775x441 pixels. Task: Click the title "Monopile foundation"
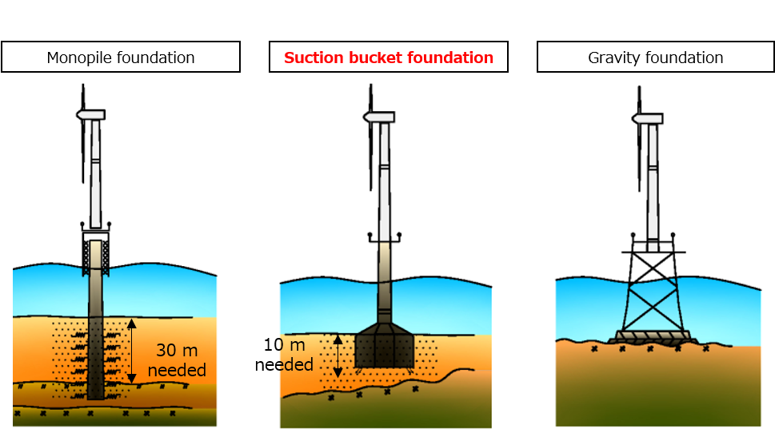[x=121, y=58]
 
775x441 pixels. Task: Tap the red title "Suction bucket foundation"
[x=389, y=58]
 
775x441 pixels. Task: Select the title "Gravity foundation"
[x=655, y=58]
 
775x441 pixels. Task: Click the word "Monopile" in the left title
[x=78, y=58]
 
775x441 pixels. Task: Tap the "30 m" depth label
[x=177, y=350]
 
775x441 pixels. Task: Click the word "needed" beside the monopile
[x=177, y=370]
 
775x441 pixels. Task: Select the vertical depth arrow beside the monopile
[x=132, y=351]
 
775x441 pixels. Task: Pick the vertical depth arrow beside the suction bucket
[x=338, y=356]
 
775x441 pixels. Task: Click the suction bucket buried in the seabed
[x=385, y=347]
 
